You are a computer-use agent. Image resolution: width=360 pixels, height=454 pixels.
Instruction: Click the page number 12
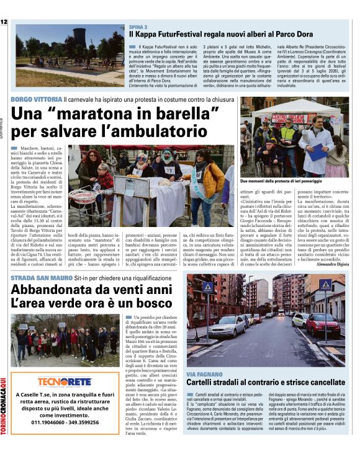[x=4, y=22]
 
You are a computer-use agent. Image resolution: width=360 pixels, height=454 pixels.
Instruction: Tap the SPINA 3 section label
[x=138, y=28]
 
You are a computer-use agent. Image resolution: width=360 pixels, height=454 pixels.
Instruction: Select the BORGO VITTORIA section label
[x=36, y=99]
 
